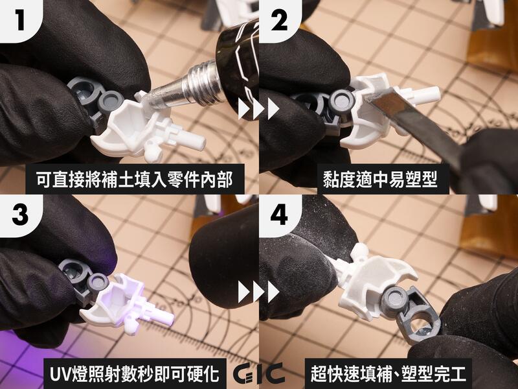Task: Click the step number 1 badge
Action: click(x=18, y=19)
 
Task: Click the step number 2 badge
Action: click(x=278, y=19)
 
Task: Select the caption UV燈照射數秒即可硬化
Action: click(x=129, y=373)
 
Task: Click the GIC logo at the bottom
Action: click(x=259, y=375)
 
